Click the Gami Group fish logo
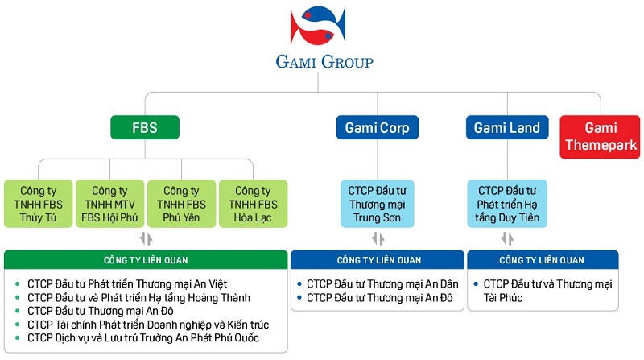point(322,26)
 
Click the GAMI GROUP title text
point(322,62)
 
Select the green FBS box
point(145,127)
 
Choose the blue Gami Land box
point(506,127)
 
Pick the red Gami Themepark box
point(601,136)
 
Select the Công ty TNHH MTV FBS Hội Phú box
point(110,205)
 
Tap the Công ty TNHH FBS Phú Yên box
point(181,205)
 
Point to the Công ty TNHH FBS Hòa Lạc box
point(252,205)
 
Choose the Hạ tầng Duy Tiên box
point(507,205)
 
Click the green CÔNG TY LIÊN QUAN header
point(145,259)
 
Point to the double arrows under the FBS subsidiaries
point(145,239)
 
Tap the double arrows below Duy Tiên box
point(507,239)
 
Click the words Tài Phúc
point(504,298)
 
